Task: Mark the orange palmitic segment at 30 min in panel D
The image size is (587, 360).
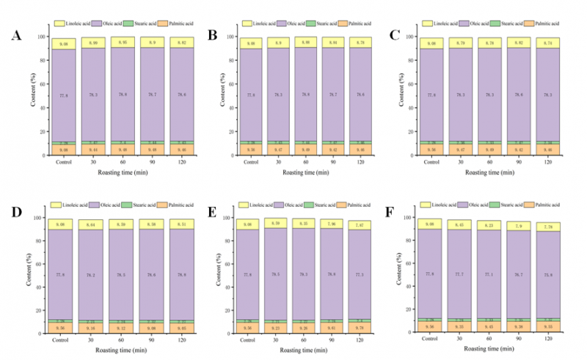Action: click(92, 328)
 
